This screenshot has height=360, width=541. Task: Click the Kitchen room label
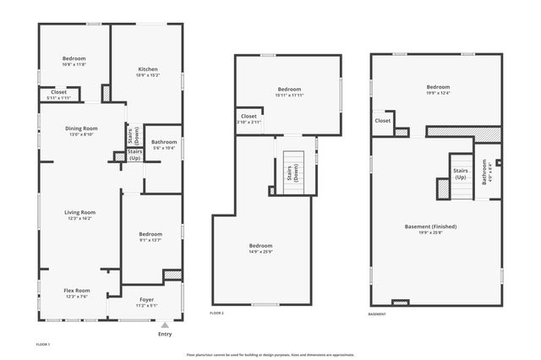point(148,69)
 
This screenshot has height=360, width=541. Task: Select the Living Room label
point(82,212)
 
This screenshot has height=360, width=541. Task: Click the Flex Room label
point(77,290)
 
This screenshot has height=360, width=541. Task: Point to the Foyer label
point(147,298)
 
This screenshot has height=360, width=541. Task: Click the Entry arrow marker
point(165,323)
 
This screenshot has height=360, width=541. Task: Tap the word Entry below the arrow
point(165,334)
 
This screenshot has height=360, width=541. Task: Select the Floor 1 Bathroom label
point(164,141)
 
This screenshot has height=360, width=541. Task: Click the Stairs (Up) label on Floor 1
point(134,155)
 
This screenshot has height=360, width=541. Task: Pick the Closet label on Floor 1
point(58,92)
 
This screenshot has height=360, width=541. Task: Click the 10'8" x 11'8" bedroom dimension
point(74,64)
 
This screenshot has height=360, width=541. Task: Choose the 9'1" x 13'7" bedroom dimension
point(150,239)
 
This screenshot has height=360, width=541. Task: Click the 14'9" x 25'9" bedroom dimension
point(260,251)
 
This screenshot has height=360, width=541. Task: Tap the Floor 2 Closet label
point(249,116)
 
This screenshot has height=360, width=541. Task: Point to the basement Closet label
point(383,120)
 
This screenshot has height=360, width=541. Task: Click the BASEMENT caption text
point(377,314)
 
